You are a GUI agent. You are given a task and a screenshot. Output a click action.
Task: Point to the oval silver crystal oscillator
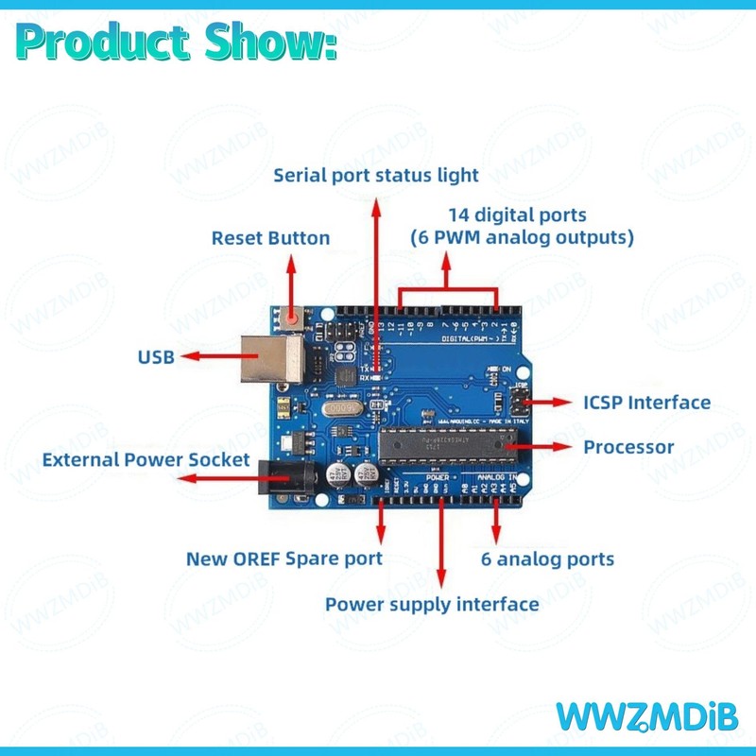[x=336, y=408]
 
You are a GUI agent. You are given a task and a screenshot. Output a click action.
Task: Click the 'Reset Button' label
[x=270, y=238]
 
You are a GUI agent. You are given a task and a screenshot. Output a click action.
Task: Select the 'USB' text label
[x=156, y=357]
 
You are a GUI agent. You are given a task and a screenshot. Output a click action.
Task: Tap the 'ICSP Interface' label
[x=646, y=403]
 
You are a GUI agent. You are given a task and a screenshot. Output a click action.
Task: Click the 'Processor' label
[x=628, y=446]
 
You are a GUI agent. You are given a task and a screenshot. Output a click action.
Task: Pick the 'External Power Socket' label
[x=146, y=460]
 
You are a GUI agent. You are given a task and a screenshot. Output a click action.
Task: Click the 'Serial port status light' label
[x=376, y=175]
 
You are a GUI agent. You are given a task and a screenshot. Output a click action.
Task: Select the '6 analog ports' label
[x=547, y=558]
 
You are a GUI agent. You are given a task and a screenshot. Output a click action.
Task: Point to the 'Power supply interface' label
[x=432, y=604]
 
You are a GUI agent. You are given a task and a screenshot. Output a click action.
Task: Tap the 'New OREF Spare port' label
[x=283, y=558]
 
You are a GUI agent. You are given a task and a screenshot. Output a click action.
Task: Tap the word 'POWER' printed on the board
[x=437, y=478]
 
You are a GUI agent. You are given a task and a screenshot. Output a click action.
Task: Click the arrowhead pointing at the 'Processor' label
[x=568, y=444]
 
